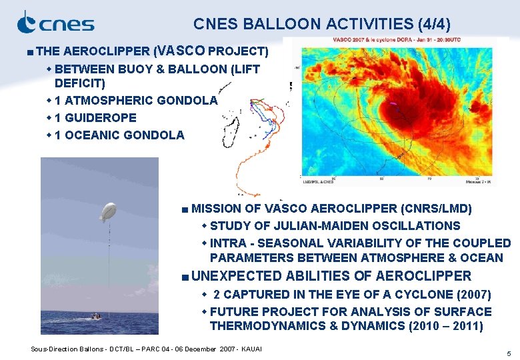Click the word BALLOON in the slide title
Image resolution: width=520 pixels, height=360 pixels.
click(289, 25)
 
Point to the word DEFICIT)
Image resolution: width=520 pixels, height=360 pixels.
click(80, 83)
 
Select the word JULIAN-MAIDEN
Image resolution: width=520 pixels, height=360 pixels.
click(320, 226)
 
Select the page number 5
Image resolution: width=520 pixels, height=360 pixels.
click(508, 353)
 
